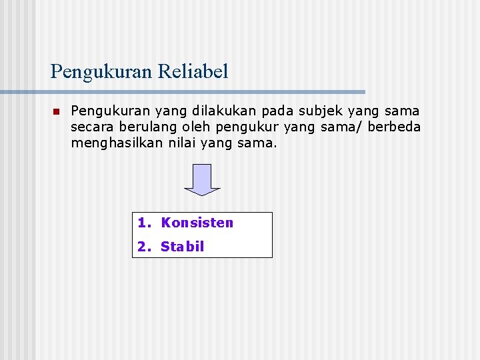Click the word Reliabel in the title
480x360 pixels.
point(193,71)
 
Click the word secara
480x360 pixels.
point(93,127)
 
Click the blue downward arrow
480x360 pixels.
point(202,179)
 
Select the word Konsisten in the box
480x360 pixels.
point(197,223)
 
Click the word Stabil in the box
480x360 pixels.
point(182,247)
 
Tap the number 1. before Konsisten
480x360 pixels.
point(144,223)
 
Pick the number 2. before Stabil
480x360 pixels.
point(144,247)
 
